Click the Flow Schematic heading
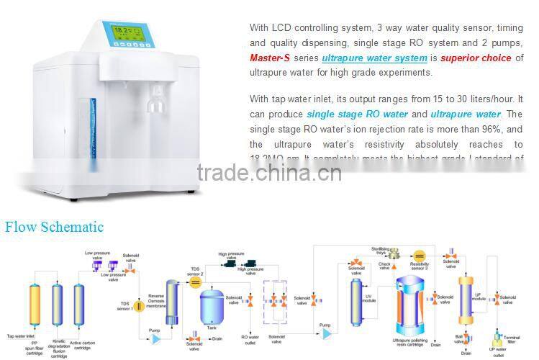(x=54, y=228)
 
